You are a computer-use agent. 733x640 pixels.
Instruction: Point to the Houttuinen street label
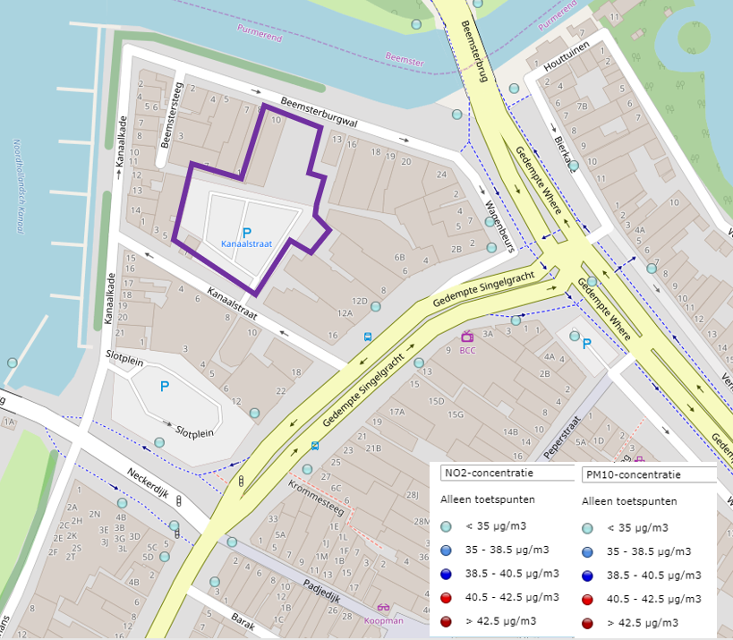tap(571, 61)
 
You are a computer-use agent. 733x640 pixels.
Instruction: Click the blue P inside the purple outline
tap(246, 232)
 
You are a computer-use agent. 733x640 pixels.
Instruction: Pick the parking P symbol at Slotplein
tap(164, 387)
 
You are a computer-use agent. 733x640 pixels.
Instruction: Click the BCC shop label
tap(467, 350)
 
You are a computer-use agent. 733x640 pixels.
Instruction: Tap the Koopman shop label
tap(383, 620)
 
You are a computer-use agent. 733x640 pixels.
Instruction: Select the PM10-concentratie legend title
tap(631, 474)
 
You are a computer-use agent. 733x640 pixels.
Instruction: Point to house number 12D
tap(360, 301)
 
